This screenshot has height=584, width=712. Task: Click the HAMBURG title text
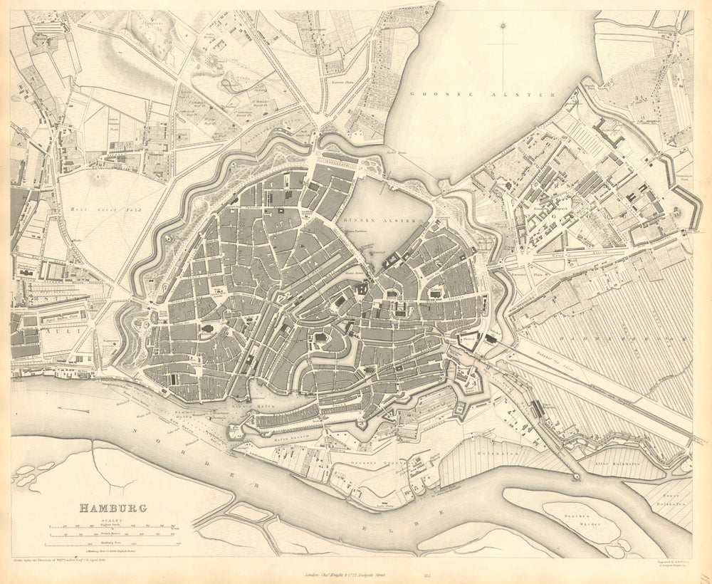(112, 508)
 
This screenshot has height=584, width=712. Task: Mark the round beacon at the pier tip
(576, 476)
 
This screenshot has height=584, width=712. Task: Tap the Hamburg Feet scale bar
(114, 545)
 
